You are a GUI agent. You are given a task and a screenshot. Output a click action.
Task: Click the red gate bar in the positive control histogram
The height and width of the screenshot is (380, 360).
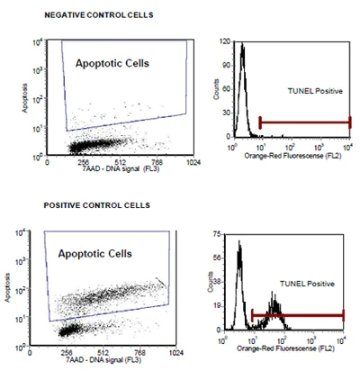click(x=299, y=315)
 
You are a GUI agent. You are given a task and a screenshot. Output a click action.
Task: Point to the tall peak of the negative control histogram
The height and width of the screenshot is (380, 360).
click(x=241, y=49)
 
